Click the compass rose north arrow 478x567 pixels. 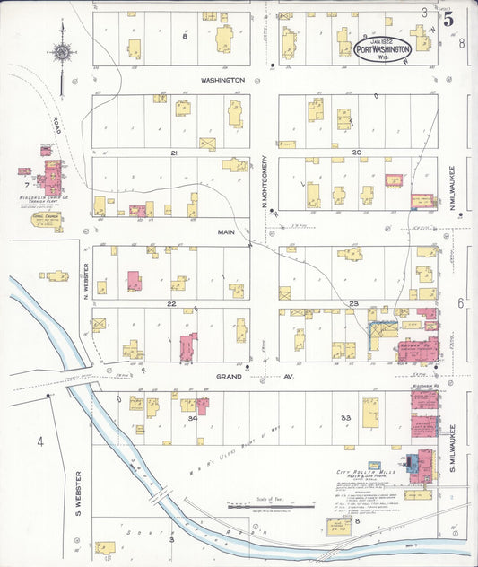click(62, 56)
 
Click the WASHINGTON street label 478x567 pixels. click(222, 80)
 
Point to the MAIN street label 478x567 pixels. click(225, 231)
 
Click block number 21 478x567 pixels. click(176, 153)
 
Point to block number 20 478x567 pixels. click(356, 153)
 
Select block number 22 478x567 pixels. click(170, 304)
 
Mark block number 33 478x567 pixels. click(345, 417)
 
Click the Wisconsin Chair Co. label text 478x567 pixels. click(40, 199)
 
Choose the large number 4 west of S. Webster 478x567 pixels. click(39, 441)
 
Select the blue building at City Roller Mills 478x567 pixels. click(411, 464)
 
